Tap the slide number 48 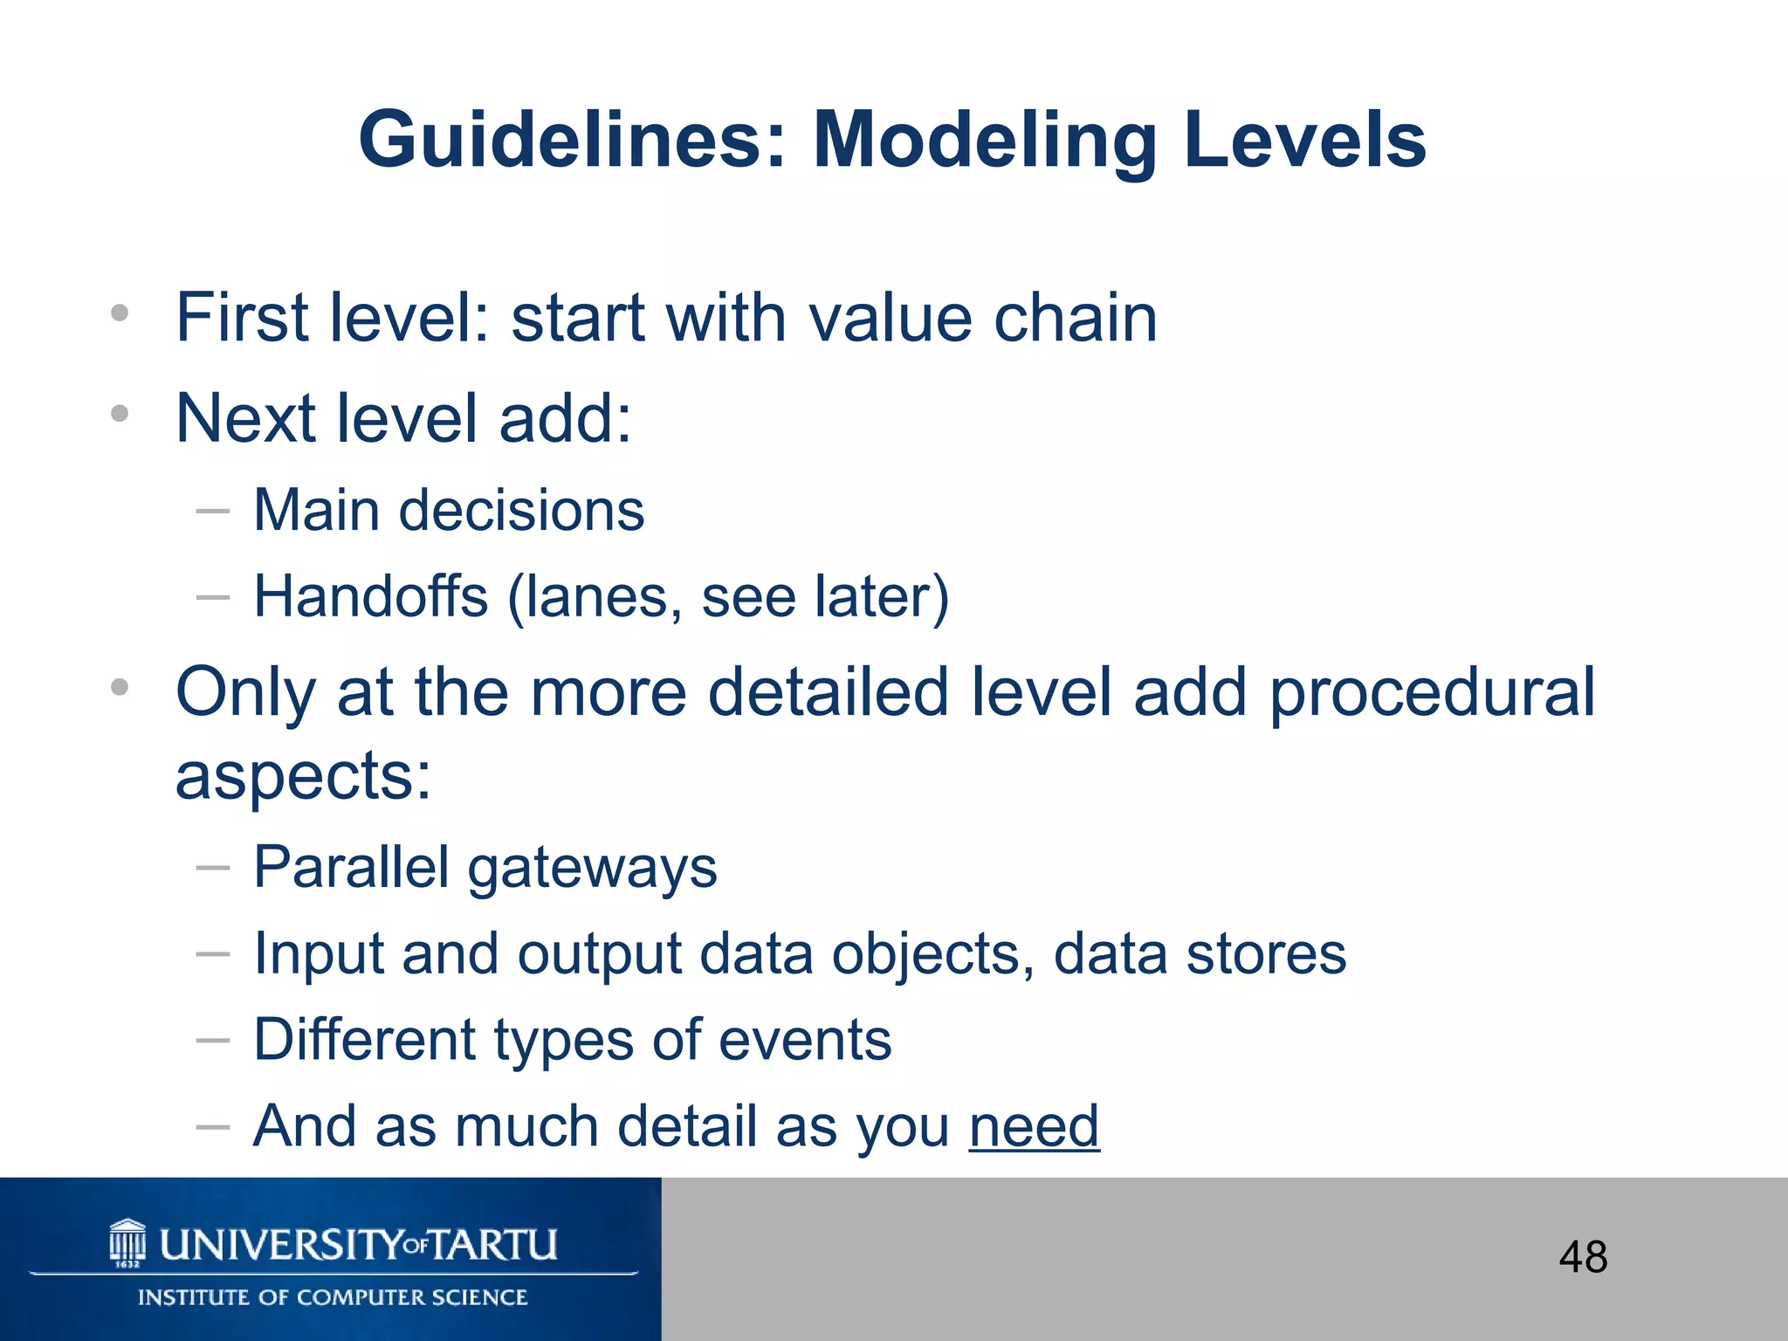coord(1583,1257)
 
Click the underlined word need coord(1034,1126)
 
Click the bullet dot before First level coord(120,313)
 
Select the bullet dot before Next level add coord(120,414)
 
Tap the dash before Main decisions coord(213,512)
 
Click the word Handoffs coord(371,598)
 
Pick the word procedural coord(1432,692)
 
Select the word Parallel coord(351,868)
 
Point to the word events coord(806,1041)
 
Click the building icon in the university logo coord(128,1241)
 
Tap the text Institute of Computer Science coord(333,1297)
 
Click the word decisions coord(521,512)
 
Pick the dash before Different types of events coord(213,1041)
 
